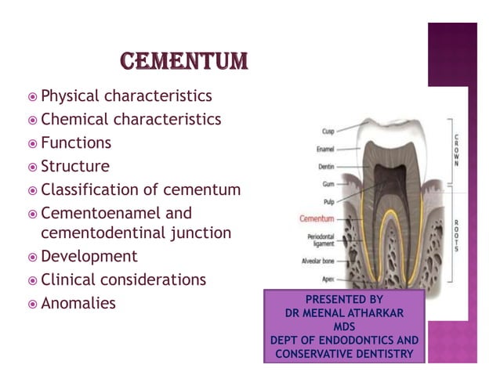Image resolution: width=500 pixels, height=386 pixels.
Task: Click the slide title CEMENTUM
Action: coord(184,60)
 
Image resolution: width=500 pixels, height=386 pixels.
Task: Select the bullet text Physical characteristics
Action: coord(125,96)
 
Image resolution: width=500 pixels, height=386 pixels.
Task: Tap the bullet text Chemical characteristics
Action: coord(130,120)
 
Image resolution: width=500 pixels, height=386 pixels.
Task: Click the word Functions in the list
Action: coord(76,143)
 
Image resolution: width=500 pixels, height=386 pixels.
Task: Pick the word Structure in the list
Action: coord(75,166)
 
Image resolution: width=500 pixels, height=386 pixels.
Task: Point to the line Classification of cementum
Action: coord(140,189)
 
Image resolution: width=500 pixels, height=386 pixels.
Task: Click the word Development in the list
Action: coord(89,256)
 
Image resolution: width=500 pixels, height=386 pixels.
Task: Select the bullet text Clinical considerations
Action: coord(123,280)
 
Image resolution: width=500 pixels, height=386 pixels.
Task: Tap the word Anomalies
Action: coord(78,303)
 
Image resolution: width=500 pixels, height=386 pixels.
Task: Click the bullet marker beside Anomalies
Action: coord(31,304)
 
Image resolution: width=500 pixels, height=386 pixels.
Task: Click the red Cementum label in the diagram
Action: coord(317,218)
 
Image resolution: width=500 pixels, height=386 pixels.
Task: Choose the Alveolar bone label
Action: coord(317,260)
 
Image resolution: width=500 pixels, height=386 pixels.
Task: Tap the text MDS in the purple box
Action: coord(344,327)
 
